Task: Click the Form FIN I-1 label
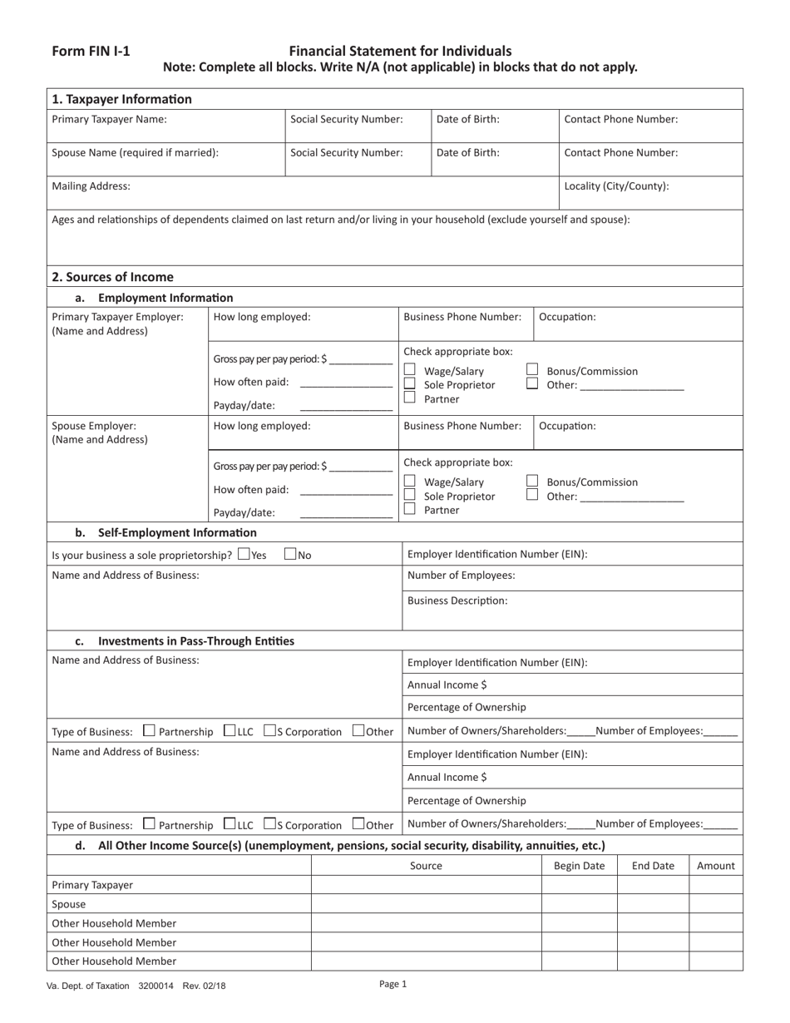(x=91, y=51)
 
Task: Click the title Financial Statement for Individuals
(x=400, y=51)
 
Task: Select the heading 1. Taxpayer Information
(x=121, y=99)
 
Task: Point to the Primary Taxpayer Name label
(x=109, y=119)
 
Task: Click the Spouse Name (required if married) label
(x=135, y=152)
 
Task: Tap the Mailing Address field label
(x=91, y=186)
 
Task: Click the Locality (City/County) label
(x=616, y=186)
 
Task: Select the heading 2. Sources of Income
(x=112, y=277)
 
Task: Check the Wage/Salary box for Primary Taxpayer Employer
(x=409, y=370)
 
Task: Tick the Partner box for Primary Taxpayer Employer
(x=409, y=398)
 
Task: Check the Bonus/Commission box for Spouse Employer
(x=532, y=481)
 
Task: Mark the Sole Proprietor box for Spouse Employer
(x=409, y=495)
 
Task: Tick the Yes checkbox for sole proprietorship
(x=243, y=554)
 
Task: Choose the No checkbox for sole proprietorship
(x=290, y=554)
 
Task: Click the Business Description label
(x=457, y=600)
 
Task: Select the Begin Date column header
(x=579, y=866)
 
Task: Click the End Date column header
(x=653, y=866)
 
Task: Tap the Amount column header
(x=715, y=866)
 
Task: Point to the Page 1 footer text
(x=393, y=984)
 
